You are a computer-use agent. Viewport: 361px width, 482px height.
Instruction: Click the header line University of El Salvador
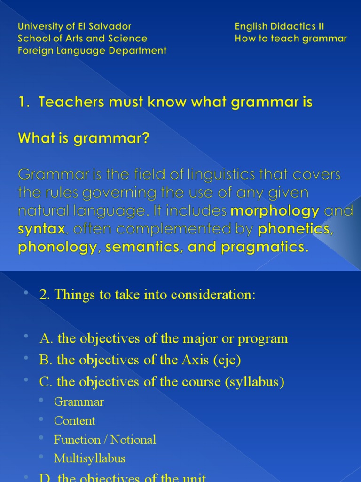click(74, 26)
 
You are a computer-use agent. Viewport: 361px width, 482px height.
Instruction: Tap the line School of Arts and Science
click(82, 39)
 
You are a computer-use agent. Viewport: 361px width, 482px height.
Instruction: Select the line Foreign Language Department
click(92, 50)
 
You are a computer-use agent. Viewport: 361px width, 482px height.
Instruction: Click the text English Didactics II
click(279, 26)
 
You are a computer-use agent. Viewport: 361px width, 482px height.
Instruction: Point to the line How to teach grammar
click(290, 39)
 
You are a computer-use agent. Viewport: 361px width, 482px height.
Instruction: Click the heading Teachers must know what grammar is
click(165, 102)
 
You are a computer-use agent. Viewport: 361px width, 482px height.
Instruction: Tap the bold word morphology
click(275, 211)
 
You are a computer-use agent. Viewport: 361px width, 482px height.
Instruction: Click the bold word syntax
click(41, 229)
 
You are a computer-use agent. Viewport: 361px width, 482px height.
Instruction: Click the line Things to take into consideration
click(148, 295)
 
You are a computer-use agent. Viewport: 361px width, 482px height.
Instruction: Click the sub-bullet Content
click(75, 421)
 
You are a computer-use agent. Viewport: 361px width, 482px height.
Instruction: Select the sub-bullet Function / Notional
click(105, 440)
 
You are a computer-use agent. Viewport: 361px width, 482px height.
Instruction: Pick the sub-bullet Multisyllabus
click(89, 458)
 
